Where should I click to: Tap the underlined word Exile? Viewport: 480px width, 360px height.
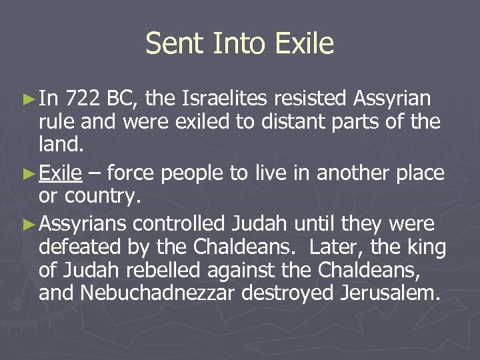pyautogui.click(x=61, y=174)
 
